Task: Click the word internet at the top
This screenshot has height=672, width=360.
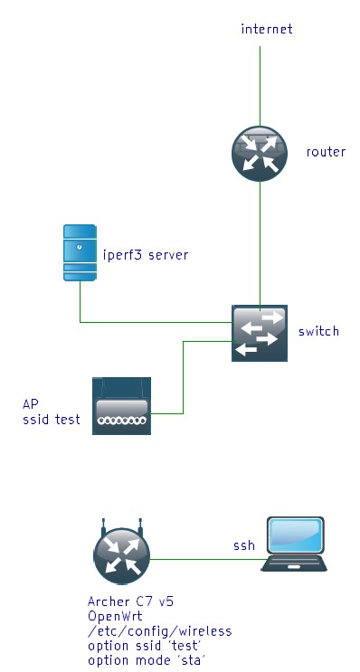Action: [267, 30]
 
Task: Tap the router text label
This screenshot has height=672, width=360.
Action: [326, 152]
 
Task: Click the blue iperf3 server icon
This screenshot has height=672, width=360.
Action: [80, 254]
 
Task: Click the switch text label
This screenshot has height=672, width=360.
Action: [318, 331]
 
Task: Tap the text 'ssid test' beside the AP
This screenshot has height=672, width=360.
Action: [52, 420]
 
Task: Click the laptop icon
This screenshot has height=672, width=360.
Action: [294, 546]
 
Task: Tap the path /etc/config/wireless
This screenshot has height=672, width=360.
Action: [159, 631]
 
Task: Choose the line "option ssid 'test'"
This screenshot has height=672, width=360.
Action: [147, 646]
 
